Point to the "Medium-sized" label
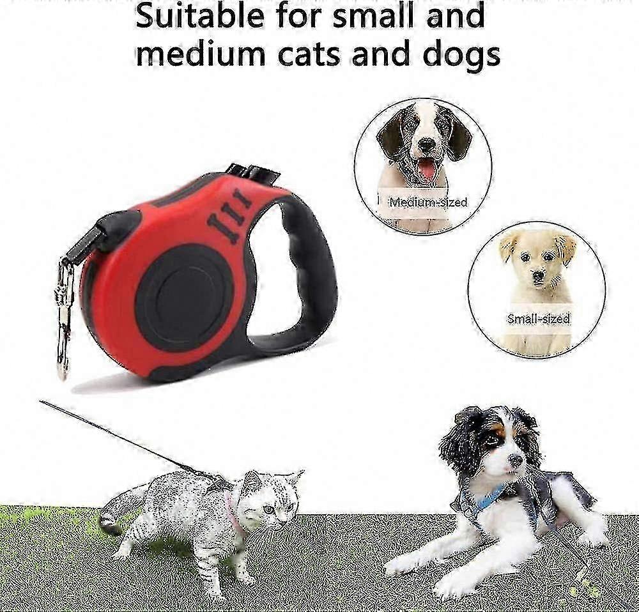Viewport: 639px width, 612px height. (x=428, y=202)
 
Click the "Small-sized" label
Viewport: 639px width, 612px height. (x=538, y=319)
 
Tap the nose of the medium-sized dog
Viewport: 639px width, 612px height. (x=427, y=144)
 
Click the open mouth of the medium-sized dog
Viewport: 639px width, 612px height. (x=426, y=167)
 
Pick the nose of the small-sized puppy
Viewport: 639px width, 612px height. (x=539, y=275)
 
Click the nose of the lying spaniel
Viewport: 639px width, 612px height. (x=516, y=461)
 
